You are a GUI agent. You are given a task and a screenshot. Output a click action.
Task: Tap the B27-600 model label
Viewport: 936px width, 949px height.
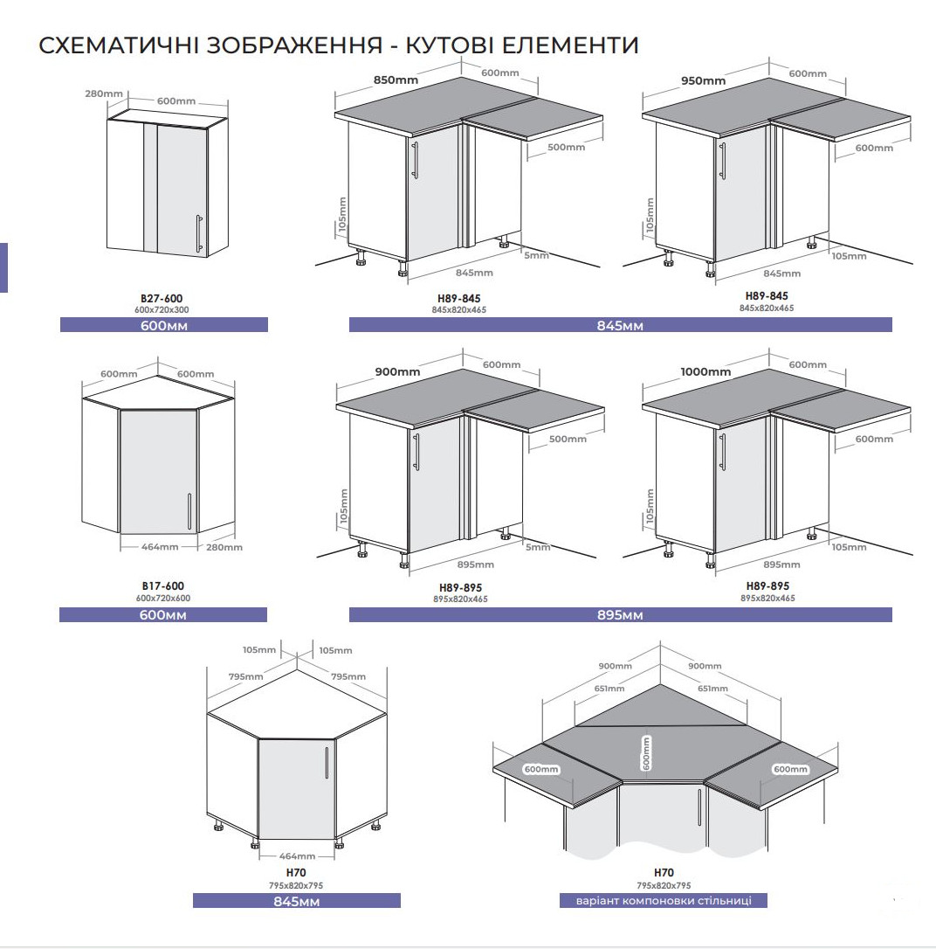click(x=162, y=298)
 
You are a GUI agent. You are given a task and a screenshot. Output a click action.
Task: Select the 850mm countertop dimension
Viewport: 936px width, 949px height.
click(x=396, y=80)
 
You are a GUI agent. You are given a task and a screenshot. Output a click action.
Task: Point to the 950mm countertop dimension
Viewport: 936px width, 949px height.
click(x=703, y=80)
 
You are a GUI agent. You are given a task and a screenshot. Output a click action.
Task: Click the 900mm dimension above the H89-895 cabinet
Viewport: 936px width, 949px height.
click(x=398, y=371)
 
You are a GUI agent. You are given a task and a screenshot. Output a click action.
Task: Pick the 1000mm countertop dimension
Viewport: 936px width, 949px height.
click(x=705, y=371)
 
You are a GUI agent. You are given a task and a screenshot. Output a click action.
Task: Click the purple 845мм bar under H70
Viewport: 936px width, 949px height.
click(x=297, y=901)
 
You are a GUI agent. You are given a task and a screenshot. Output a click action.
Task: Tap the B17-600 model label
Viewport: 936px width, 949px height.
click(x=163, y=585)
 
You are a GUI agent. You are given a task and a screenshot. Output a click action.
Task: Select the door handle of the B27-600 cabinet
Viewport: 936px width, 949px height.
click(x=199, y=233)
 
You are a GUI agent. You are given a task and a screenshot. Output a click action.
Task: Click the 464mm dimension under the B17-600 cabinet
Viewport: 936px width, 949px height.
click(x=160, y=546)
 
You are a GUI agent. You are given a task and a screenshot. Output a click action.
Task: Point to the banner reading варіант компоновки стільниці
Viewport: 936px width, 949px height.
click(x=664, y=901)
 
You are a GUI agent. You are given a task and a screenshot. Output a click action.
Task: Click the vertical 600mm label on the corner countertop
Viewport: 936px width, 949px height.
click(x=646, y=753)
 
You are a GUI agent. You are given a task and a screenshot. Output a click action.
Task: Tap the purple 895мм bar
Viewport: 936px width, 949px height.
click(x=621, y=615)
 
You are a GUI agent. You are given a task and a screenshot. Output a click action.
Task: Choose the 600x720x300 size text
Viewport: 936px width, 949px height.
click(x=162, y=310)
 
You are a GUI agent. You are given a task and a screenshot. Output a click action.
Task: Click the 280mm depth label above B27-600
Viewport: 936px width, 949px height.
click(x=103, y=94)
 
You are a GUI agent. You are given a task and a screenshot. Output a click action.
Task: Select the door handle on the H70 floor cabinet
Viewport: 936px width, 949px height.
click(x=327, y=763)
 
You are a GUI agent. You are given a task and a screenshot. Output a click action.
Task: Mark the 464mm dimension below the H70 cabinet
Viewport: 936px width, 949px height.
click(x=297, y=855)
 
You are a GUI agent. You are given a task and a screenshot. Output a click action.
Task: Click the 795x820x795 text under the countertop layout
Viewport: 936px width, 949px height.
click(x=664, y=885)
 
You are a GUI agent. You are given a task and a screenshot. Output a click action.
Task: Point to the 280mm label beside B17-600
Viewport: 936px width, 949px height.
click(x=224, y=547)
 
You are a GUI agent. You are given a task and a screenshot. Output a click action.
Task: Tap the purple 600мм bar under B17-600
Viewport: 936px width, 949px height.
click(x=163, y=615)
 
